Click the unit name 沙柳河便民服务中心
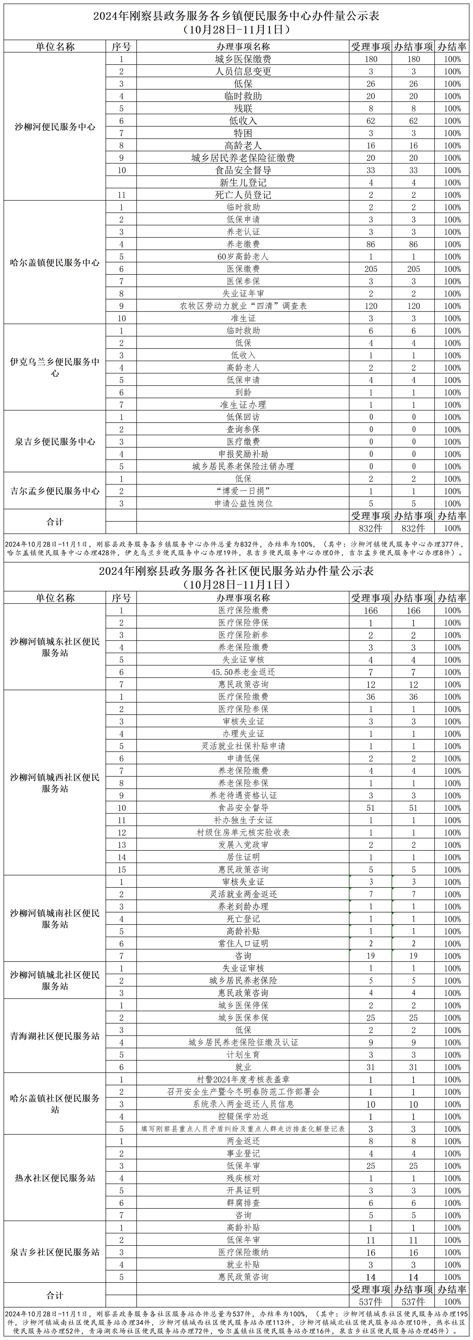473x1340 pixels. (55, 127)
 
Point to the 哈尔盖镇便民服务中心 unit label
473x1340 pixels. (55, 263)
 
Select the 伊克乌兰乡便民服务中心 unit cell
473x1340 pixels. (55, 367)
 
